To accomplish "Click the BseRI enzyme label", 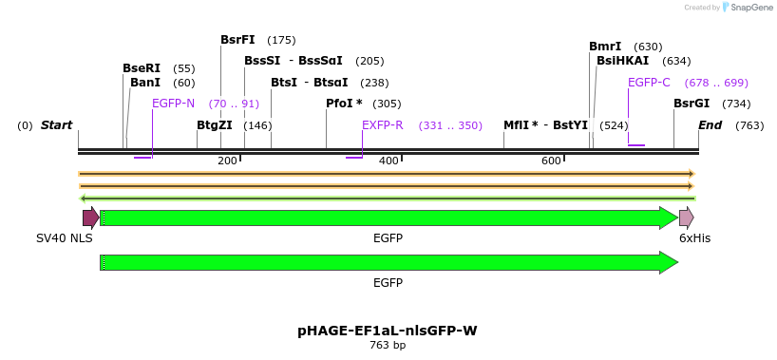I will [142, 68].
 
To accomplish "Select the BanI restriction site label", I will [145, 83].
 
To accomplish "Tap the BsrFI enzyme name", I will [237, 40].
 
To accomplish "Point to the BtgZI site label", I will [215, 125].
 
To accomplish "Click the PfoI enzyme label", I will [344, 104].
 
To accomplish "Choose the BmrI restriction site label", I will [605, 47].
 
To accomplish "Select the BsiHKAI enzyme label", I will [623, 61].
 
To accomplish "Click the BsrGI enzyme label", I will [692, 104].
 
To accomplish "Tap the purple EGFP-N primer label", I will [173, 104].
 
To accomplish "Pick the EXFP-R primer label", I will [383, 125].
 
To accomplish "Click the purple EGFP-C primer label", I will [649, 83].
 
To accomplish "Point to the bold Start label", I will [56, 125].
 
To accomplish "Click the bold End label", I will [710, 125].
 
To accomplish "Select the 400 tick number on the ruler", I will [388, 161].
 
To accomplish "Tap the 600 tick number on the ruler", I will [551, 161].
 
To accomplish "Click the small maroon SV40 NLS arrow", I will [90, 218].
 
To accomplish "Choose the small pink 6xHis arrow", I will [686, 218].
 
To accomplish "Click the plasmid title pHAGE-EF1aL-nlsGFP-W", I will [388, 331].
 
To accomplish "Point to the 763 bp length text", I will [388, 346].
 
